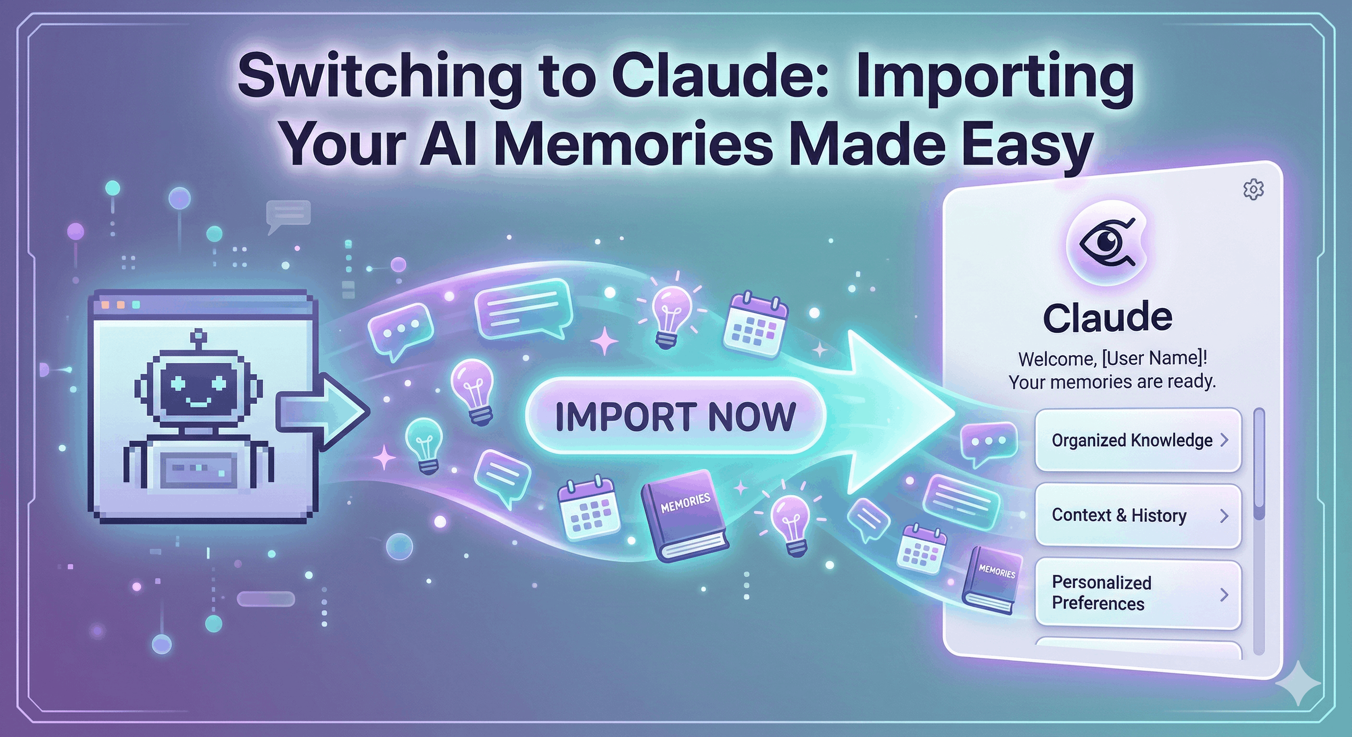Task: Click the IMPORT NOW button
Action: (675, 416)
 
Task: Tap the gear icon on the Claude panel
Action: (1253, 190)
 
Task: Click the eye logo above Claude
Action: (1107, 243)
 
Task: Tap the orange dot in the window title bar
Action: (105, 305)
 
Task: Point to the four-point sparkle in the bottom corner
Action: (1297, 682)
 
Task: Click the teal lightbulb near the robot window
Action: (424, 445)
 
